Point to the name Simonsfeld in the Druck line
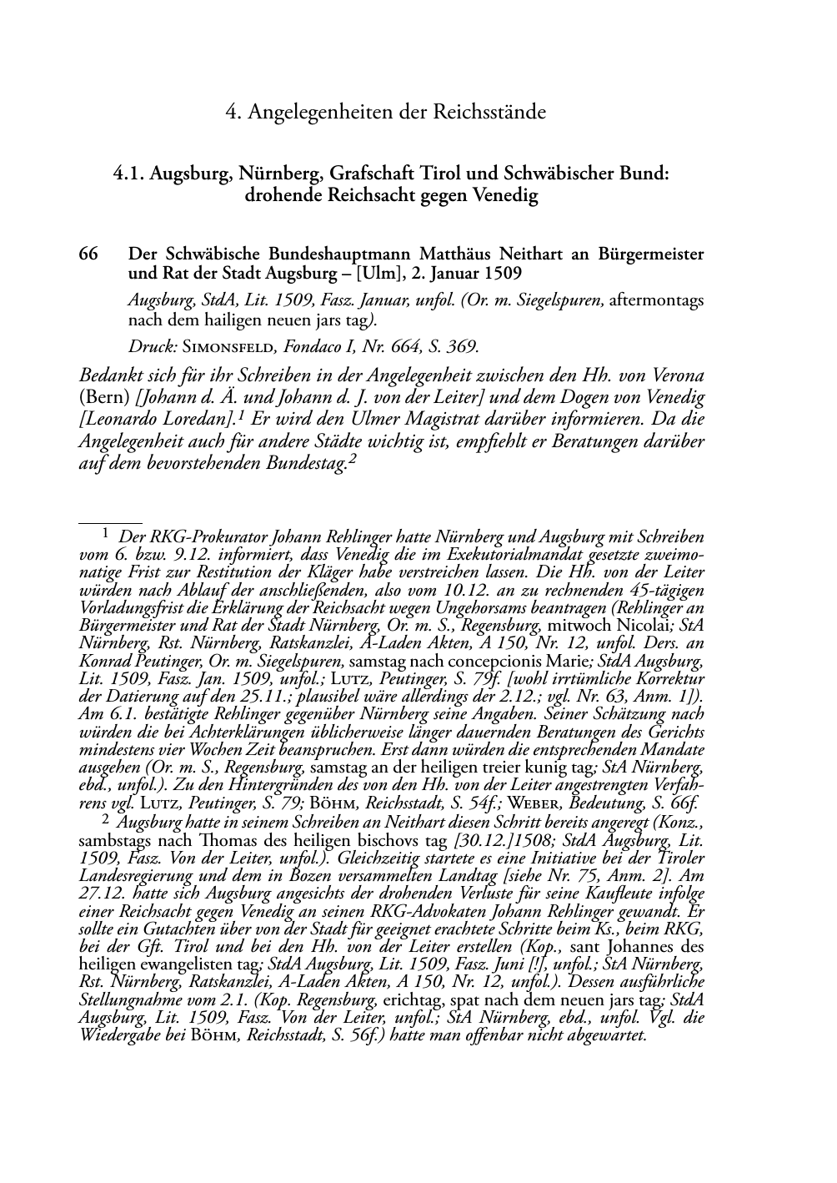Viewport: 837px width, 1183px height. [x=211, y=345]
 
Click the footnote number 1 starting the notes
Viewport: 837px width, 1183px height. [x=106, y=531]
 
